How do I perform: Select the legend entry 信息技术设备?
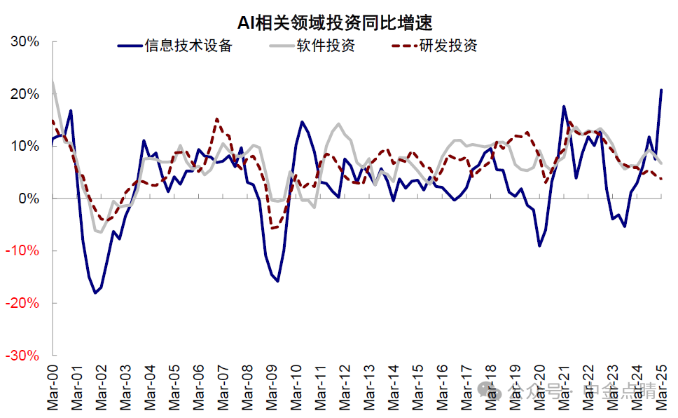point(188,46)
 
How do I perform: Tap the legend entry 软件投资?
point(326,46)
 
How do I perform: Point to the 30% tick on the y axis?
point(25,41)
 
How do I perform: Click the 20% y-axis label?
point(25,94)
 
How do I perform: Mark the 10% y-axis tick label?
point(25,146)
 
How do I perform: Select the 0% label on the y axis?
point(29,198)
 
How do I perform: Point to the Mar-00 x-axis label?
point(54,386)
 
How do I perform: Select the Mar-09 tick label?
point(273,386)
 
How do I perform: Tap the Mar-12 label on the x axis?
point(346,386)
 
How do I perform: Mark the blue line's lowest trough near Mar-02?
point(95,292)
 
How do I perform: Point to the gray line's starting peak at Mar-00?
point(53,82)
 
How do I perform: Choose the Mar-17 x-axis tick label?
point(467,386)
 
